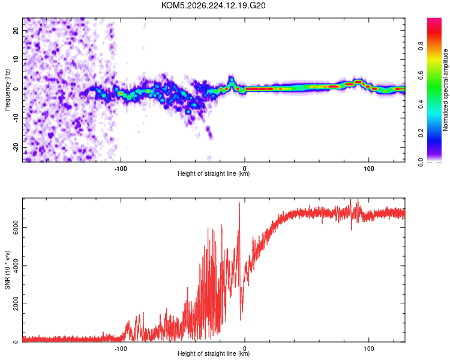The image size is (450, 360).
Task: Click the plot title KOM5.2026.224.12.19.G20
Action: [x=213, y=5]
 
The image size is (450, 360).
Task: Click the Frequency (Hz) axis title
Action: [x=7, y=89]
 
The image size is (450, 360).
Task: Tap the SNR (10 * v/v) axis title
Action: [x=7, y=270]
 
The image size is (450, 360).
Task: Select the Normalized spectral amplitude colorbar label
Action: [x=445, y=90]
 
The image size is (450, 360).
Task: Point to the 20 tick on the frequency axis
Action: [x=16, y=30]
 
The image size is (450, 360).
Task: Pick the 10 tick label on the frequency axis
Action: [x=16, y=59]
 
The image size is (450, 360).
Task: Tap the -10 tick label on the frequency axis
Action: [x=16, y=118]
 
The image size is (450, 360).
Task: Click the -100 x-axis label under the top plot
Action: [x=121, y=169]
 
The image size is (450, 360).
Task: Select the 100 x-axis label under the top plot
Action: [x=369, y=169]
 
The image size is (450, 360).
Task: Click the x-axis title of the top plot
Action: [x=214, y=173]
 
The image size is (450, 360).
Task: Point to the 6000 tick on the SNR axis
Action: [x=16, y=227]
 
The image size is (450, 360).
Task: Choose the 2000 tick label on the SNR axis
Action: [x=16, y=304]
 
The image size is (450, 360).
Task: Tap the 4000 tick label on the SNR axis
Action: [x=16, y=266]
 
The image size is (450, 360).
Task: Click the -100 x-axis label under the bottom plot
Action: [x=121, y=349]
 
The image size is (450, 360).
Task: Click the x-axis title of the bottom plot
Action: [x=214, y=353]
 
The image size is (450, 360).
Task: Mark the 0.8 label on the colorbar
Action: [x=421, y=46]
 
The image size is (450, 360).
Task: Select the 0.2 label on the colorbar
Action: [x=421, y=133]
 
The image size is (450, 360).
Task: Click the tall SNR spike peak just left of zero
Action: [x=239, y=203]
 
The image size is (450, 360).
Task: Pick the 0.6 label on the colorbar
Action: [x=421, y=75]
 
